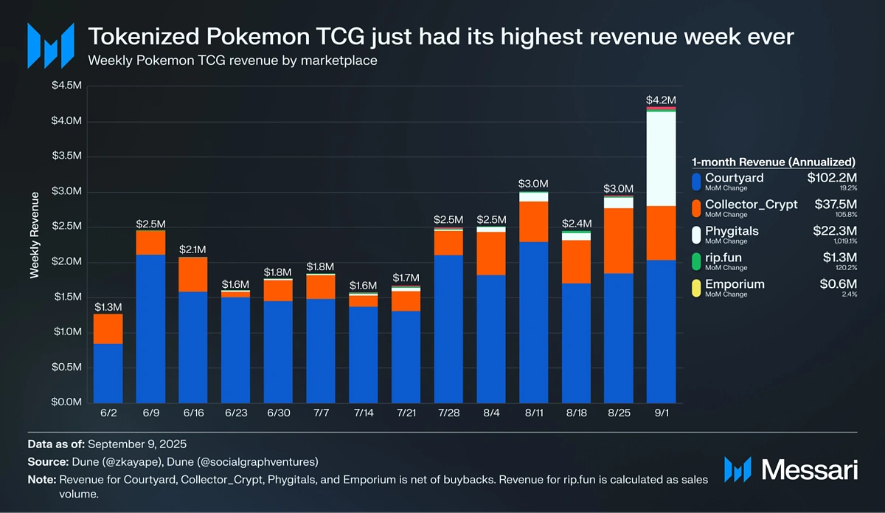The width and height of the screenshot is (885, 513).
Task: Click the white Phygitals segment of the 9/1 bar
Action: point(662,159)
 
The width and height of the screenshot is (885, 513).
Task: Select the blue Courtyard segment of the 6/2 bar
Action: point(108,373)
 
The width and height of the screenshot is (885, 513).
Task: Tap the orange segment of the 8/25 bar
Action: point(619,241)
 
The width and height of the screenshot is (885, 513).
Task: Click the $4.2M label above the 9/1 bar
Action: point(661,100)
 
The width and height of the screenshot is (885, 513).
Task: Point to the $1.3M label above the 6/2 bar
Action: point(108,306)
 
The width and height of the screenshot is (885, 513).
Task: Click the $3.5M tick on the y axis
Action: point(66,156)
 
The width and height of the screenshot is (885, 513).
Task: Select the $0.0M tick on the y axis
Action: point(66,402)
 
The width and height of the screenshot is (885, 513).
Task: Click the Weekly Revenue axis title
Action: point(34,235)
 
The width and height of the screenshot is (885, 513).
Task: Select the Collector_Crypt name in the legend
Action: point(751,204)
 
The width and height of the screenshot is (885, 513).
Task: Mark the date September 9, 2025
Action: point(138,444)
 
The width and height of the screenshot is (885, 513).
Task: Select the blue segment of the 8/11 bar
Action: point(534,321)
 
